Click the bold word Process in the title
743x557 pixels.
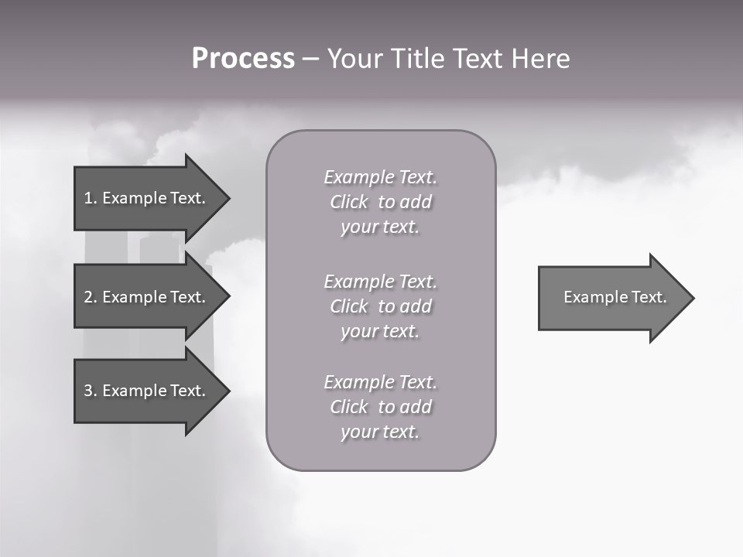click(243, 59)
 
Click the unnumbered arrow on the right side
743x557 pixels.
click(611, 297)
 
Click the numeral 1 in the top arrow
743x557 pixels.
click(87, 198)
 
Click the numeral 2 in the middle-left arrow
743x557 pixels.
click(88, 297)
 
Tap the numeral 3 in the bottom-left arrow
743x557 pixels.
click(88, 391)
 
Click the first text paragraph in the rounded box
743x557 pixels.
click(380, 202)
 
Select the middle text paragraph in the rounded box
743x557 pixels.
click(380, 306)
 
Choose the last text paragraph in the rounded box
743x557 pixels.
click(380, 407)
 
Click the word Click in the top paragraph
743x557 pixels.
click(349, 202)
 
